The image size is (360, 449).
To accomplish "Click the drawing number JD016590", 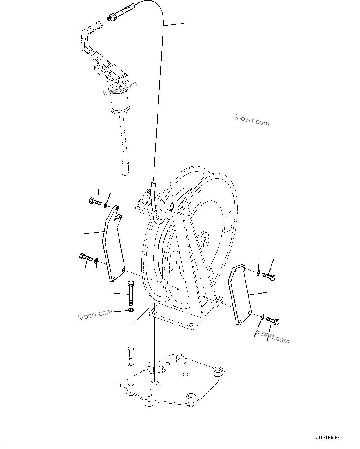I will click(327, 438).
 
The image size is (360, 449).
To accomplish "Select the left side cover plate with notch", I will click(113, 245).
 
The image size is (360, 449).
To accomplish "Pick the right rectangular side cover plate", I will click(240, 294).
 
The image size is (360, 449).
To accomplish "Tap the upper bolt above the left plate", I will click(95, 202).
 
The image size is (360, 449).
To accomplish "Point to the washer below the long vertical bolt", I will click(131, 310).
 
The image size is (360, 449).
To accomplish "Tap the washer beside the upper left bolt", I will click(106, 205).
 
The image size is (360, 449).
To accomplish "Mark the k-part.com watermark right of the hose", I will click(252, 120).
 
